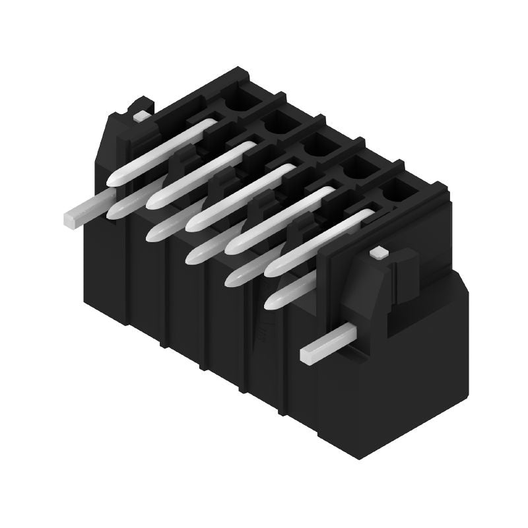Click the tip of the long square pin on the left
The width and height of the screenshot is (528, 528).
pos(71,217)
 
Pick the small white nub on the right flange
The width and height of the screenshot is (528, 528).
pos(378,252)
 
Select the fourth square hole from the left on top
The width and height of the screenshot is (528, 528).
pos(356,168)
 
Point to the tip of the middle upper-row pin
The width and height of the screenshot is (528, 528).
pos(194,222)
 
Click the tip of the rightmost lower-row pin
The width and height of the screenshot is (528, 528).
pos(271,302)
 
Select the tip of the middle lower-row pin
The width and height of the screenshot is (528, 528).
pos(193,257)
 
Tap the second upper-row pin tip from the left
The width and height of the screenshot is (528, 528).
pos(154,200)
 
